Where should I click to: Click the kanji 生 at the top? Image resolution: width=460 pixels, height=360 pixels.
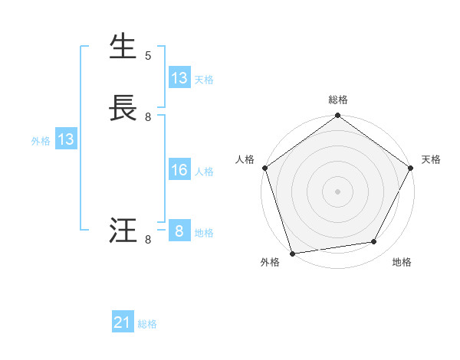(x=123, y=47)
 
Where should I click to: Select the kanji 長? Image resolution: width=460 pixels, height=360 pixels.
(x=123, y=108)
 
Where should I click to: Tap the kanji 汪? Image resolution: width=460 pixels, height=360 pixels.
(x=123, y=231)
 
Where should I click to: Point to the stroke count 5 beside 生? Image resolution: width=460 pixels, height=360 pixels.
(x=148, y=55)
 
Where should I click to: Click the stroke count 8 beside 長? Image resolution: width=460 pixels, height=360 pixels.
(x=148, y=116)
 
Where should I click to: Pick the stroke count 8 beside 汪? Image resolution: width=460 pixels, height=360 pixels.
(x=148, y=240)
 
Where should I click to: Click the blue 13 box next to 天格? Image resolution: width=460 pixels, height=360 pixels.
(x=179, y=78)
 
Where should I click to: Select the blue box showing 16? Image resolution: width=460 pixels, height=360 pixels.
(x=179, y=170)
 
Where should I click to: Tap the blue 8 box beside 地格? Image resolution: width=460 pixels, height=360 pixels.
(x=179, y=231)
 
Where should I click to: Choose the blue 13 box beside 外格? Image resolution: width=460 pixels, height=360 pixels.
(x=66, y=139)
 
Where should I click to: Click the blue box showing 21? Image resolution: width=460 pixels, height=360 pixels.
(x=123, y=323)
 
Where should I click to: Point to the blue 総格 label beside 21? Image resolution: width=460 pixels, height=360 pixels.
(x=147, y=324)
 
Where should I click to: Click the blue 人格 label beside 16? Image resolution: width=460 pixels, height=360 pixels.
(x=204, y=172)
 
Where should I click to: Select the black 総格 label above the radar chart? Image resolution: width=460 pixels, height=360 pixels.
(x=337, y=100)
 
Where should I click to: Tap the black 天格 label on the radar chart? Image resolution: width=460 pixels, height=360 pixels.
(x=431, y=159)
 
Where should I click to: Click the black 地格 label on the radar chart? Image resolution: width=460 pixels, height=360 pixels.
(x=402, y=263)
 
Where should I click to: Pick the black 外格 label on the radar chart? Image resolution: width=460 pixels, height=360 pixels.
(x=270, y=263)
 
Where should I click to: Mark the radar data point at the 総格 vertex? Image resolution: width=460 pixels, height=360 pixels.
(x=337, y=116)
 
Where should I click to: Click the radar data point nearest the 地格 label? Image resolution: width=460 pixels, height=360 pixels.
(x=374, y=242)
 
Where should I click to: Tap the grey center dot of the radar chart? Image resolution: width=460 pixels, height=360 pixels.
(x=337, y=191)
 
